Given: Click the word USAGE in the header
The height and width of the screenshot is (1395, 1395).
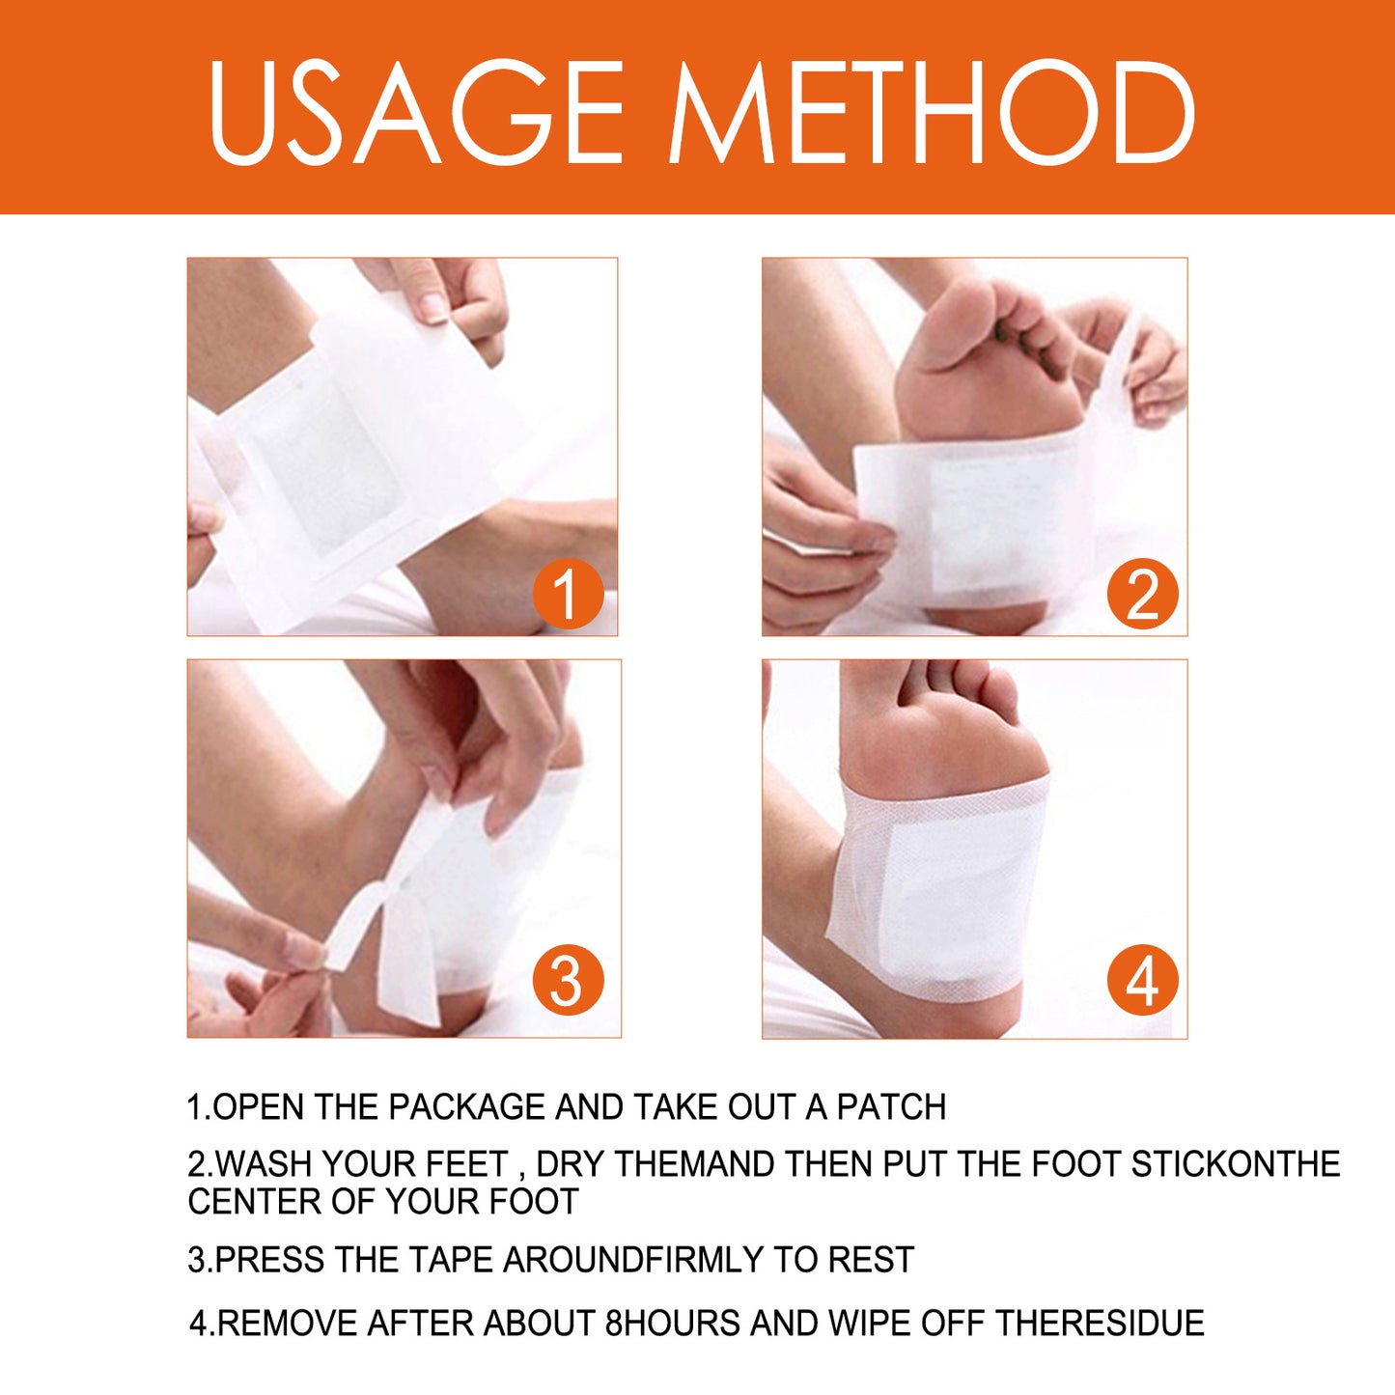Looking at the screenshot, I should pyautogui.click(x=416, y=113).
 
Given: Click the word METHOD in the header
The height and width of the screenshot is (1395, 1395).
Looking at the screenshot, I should pyautogui.click(x=932, y=113).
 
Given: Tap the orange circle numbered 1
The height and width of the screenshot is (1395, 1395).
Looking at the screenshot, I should pyautogui.click(x=568, y=593).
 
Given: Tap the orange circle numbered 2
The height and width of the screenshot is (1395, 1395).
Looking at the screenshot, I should pyautogui.click(x=1142, y=593).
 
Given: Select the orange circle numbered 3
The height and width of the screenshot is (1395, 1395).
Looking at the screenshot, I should pyautogui.click(x=568, y=980).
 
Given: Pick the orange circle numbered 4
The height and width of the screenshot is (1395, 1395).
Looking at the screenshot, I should pyautogui.click(x=1142, y=980).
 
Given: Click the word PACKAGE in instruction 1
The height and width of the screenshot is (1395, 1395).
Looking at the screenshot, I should pyautogui.click(x=466, y=1107).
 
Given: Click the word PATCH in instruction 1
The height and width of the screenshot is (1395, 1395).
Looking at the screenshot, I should pyautogui.click(x=891, y=1107).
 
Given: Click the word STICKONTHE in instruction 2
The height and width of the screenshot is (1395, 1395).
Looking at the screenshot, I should pyautogui.click(x=1236, y=1164).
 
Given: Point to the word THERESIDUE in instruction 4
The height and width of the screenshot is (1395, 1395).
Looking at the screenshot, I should pyautogui.click(x=1100, y=1323).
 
